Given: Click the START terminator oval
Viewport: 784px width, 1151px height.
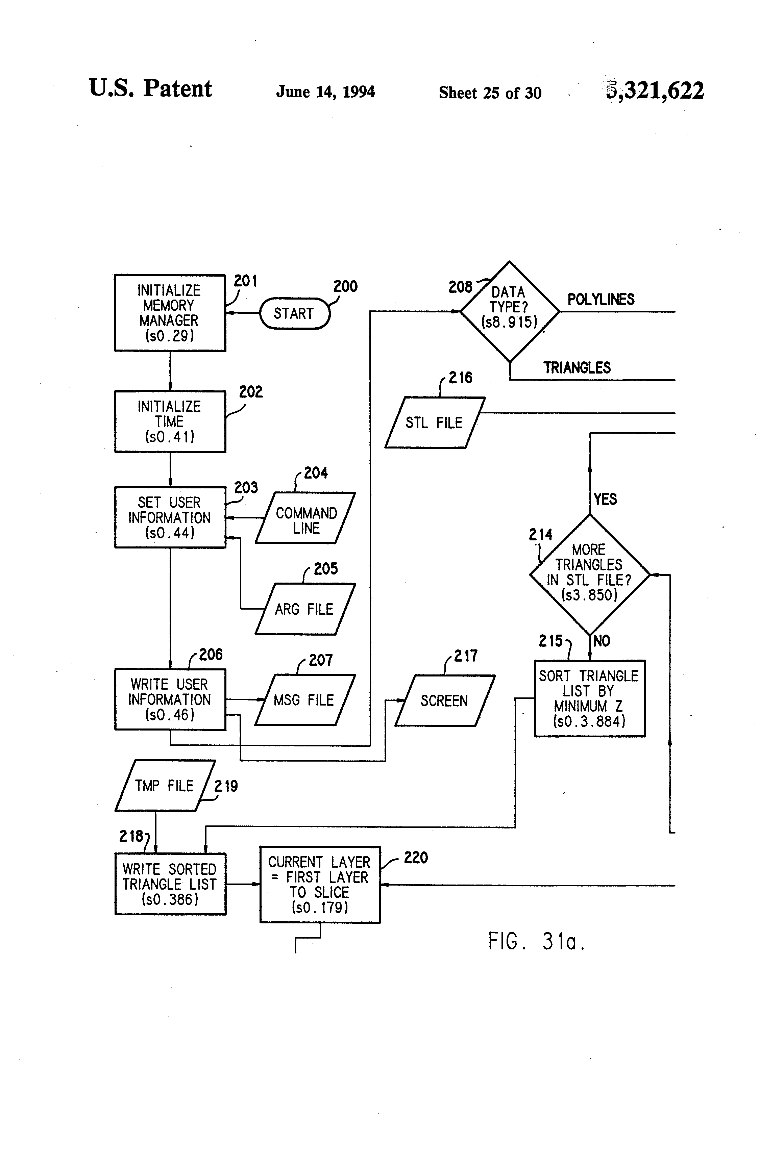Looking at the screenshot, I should pyautogui.click(x=294, y=313).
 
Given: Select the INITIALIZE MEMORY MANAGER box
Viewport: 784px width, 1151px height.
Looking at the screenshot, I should pyautogui.click(x=170, y=313).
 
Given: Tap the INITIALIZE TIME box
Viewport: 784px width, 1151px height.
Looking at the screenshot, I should pyautogui.click(x=170, y=421).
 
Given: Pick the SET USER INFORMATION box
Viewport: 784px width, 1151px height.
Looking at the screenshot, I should pyautogui.click(x=170, y=517).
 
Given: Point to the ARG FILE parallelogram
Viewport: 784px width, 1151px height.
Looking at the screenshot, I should pyautogui.click(x=305, y=609).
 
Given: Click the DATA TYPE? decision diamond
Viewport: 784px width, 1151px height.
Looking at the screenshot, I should pyautogui.click(x=510, y=311).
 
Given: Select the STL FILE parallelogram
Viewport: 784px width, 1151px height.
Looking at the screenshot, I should pyautogui.click(x=435, y=423).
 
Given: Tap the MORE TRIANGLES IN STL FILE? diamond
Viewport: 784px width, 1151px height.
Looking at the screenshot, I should pyautogui.click(x=589, y=574).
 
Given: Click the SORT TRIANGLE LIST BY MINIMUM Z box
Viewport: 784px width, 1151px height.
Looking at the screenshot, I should pyautogui.click(x=589, y=698).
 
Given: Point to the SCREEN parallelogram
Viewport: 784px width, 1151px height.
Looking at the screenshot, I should pyautogui.click(x=444, y=700).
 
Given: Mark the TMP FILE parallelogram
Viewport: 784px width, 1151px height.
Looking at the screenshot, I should pyautogui.click(x=165, y=786).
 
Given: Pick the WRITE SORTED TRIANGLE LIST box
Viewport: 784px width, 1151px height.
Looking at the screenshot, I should pyautogui.click(x=170, y=884).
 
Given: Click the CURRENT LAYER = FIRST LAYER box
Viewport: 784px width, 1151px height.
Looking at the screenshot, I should pyautogui.click(x=320, y=885).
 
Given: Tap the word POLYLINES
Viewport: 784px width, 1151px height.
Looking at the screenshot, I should pyautogui.click(x=601, y=300).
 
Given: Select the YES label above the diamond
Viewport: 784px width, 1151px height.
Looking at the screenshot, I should pyautogui.click(x=605, y=499).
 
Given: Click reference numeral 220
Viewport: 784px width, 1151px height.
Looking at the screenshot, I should pyautogui.click(x=416, y=857).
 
